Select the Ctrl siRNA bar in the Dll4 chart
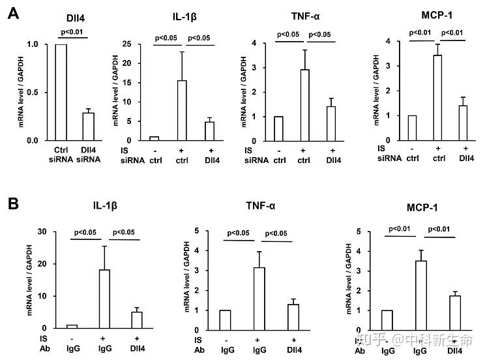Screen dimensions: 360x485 tap(61, 92)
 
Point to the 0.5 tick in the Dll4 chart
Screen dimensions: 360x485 tap(33, 92)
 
